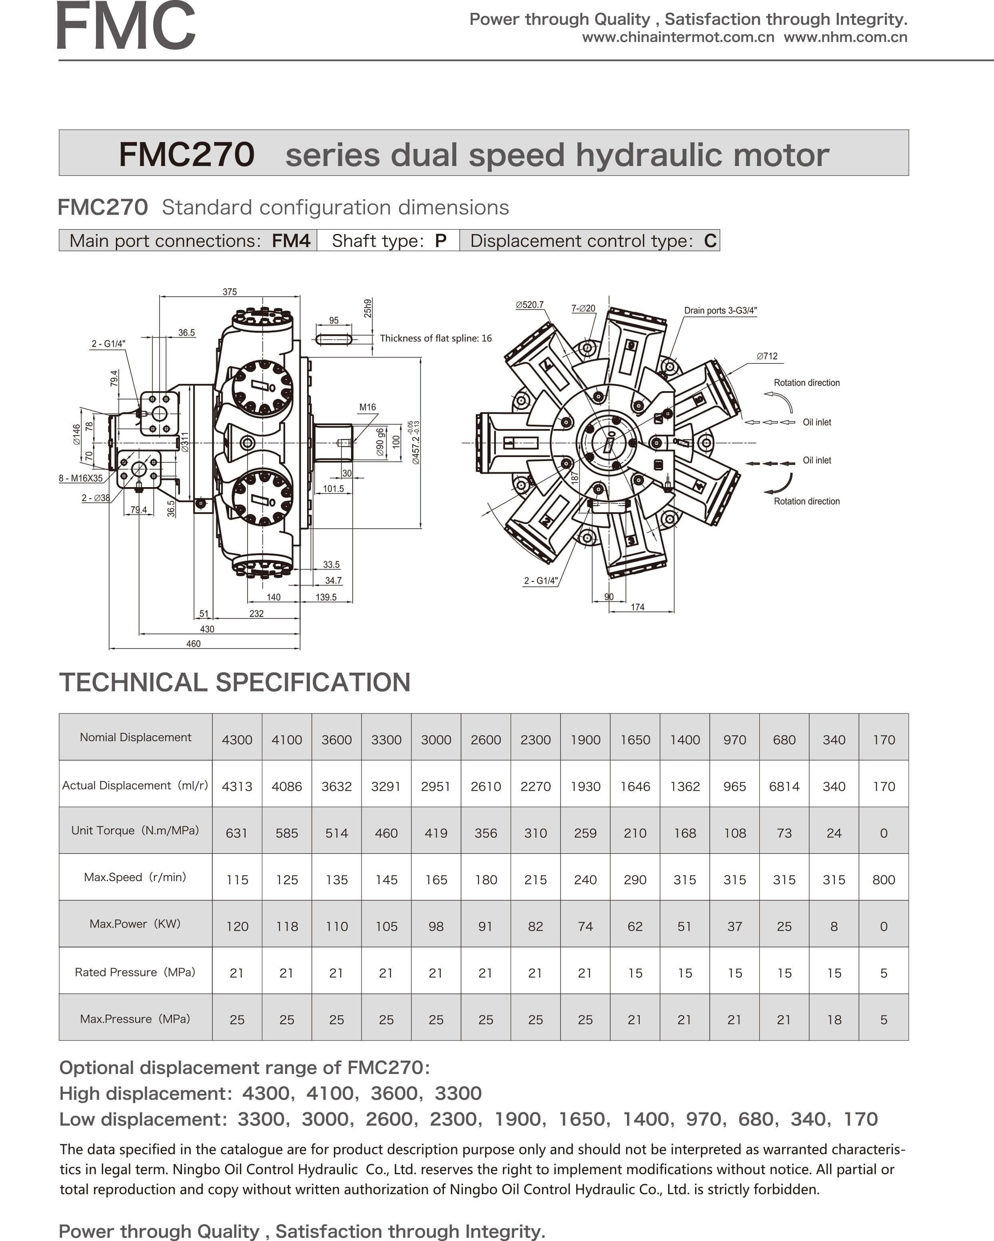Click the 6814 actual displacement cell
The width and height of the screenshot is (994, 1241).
[784, 786]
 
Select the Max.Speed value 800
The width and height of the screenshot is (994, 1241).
[884, 879]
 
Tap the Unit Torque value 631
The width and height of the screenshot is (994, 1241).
[237, 833]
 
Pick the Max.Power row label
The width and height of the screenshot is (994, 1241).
[135, 924]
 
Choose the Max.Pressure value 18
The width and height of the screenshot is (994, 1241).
[834, 1019]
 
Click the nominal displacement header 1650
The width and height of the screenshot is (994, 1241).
[635, 739]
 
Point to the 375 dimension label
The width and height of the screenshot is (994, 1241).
[230, 292]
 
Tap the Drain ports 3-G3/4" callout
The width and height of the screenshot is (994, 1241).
[720, 310]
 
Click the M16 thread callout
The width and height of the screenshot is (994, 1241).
[367, 407]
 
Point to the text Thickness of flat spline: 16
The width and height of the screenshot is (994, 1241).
[436, 338]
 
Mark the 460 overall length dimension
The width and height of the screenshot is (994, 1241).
[194, 643]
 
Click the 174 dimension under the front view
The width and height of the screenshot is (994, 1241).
[637, 607]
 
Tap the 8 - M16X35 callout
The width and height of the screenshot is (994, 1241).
[81, 478]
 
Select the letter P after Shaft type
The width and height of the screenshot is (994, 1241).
[440, 241]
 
